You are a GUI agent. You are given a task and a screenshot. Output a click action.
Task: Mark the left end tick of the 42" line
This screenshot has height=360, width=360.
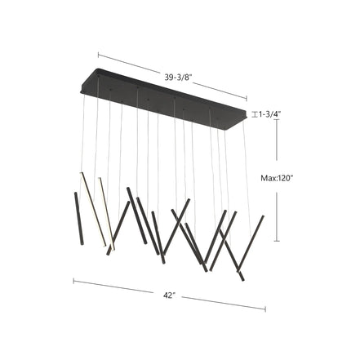[x=73, y=282]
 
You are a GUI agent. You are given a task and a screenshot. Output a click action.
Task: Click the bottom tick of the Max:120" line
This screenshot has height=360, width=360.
[x=278, y=242]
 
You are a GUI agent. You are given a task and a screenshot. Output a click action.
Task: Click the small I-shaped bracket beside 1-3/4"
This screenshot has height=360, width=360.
[x=255, y=114]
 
